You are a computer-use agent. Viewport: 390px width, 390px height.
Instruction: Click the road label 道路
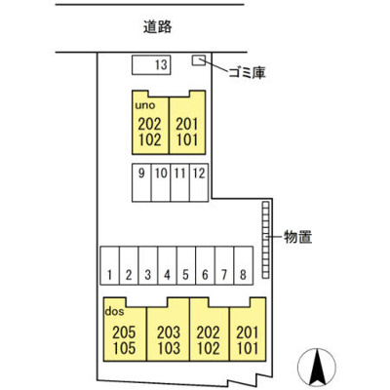(x=158, y=27)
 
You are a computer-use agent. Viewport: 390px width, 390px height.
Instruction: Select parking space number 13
(x=151, y=65)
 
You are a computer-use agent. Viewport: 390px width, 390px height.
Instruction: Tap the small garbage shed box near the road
(x=199, y=60)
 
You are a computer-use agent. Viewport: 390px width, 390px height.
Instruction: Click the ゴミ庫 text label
(x=248, y=72)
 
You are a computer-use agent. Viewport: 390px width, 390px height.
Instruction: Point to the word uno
(x=145, y=105)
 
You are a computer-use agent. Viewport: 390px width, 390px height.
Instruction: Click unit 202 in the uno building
(x=149, y=124)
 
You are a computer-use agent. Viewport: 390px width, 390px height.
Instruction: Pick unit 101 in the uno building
(x=187, y=140)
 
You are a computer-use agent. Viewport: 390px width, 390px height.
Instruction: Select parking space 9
(x=141, y=183)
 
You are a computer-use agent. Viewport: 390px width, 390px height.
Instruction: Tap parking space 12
(x=199, y=183)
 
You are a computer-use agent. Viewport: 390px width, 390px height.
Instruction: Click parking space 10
(x=161, y=183)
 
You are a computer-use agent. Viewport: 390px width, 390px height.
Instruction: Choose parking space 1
(x=110, y=265)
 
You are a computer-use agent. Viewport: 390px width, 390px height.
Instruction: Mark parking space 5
(x=186, y=265)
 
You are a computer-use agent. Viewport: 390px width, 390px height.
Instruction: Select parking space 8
(x=244, y=265)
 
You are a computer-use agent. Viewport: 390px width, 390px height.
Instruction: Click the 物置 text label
(x=298, y=237)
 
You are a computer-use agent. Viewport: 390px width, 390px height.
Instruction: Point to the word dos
(x=114, y=312)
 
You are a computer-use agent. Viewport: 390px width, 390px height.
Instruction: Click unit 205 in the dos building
(x=124, y=332)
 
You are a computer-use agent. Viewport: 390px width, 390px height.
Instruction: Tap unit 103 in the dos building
(x=169, y=348)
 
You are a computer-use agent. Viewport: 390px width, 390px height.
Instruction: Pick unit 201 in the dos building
(x=248, y=332)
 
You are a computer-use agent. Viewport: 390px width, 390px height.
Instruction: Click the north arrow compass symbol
(x=317, y=368)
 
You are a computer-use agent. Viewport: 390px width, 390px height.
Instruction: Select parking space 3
(x=148, y=265)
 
